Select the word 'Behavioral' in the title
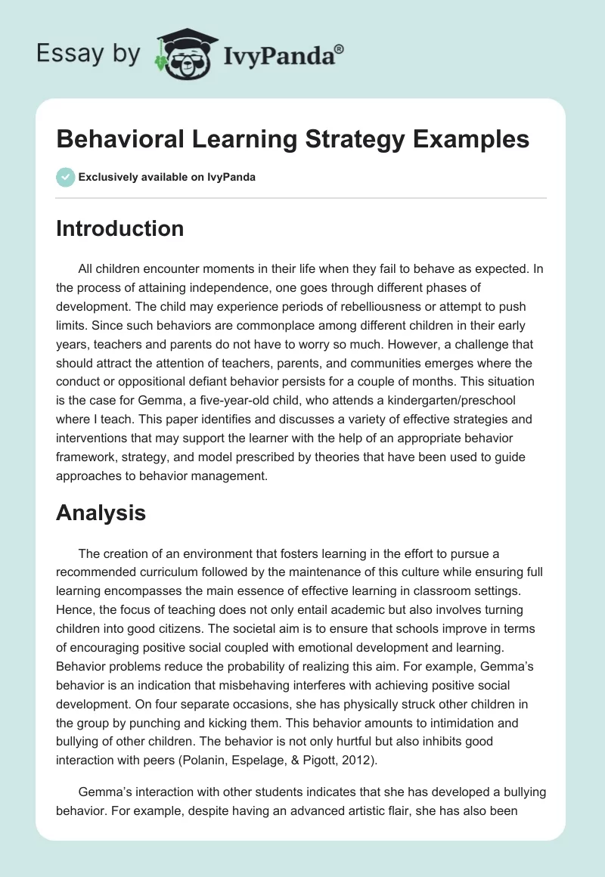pyautogui.click(x=125, y=141)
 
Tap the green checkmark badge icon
pyautogui.click(x=66, y=177)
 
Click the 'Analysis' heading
pyautogui.click(x=101, y=513)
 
